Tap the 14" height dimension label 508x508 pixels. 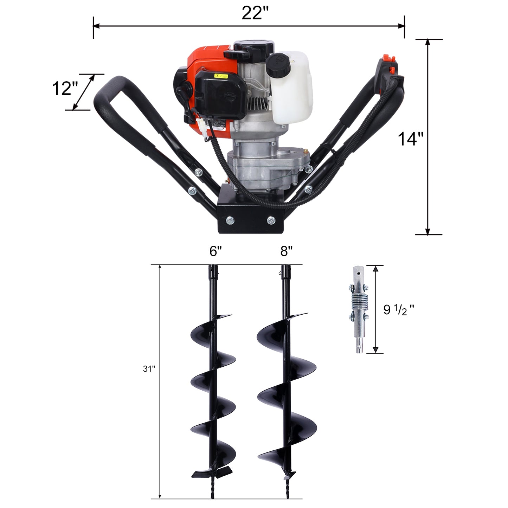click(x=411, y=139)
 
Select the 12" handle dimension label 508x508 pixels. click(x=65, y=88)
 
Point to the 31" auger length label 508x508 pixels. click(x=149, y=369)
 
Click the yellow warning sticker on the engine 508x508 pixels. click(x=221, y=76)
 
